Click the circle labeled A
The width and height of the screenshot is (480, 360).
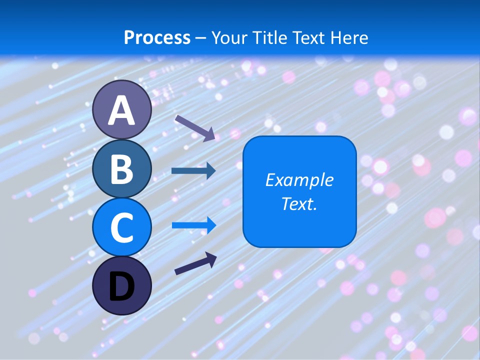[122, 110]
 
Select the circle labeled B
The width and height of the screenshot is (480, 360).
[122, 169]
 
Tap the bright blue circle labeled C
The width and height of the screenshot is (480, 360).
[122, 227]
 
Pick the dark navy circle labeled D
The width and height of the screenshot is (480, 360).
[122, 285]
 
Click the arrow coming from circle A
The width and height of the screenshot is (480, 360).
[195, 127]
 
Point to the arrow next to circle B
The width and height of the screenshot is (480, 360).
[193, 170]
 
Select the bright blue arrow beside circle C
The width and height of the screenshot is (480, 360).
[194, 225]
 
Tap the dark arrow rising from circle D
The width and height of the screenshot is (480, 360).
[195, 263]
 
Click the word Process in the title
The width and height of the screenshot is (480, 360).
[157, 37]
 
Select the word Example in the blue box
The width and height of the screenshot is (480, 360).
[299, 180]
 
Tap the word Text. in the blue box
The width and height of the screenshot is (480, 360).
[299, 203]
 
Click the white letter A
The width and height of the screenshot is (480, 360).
[122, 110]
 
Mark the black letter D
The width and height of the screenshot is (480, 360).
[122, 286]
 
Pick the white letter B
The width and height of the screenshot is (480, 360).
[122, 169]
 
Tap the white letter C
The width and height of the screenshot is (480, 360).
[122, 227]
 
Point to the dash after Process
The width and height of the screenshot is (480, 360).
[201, 38]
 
